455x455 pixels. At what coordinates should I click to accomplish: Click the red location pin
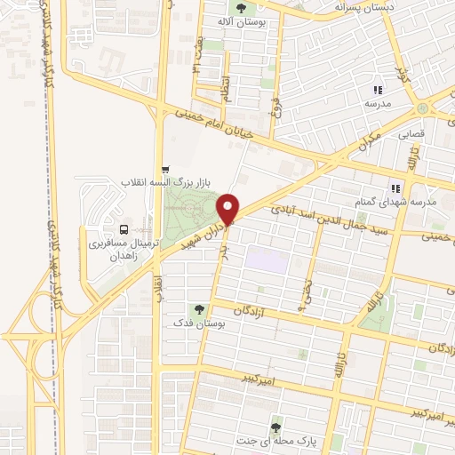click(x=229, y=207)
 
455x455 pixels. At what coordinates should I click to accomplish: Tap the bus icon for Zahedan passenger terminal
click(x=123, y=228)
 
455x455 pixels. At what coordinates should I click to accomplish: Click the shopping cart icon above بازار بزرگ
click(x=164, y=169)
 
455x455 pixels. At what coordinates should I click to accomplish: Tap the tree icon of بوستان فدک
click(x=198, y=309)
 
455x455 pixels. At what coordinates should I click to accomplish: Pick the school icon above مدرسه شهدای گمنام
click(x=395, y=188)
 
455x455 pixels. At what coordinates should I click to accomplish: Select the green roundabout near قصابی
click(x=423, y=108)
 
